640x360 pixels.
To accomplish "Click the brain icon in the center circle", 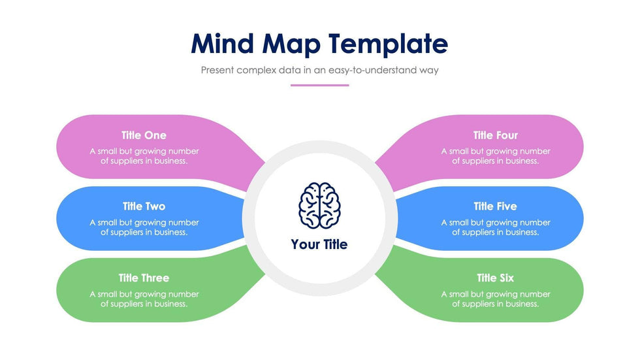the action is click(x=319, y=205).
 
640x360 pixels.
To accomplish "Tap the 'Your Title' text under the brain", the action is click(x=319, y=244).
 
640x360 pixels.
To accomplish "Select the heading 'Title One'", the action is click(x=144, y=135).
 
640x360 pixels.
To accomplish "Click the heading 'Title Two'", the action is click(x=144, y=206).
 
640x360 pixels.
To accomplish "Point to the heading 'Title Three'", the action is click(x=144, y=278).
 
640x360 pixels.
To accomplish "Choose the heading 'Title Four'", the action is click(x=496, y=135).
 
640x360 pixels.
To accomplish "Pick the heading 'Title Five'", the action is click(x=495, y=206).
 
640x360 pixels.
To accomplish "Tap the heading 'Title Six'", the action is click(x=495, y=278).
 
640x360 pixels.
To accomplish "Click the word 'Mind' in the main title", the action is click(x=223, y=43).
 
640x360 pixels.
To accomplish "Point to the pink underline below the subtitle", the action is click(x=319, y=86).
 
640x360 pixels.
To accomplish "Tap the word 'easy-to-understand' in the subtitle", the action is click(x=373, y=70).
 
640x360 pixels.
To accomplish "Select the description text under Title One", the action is click(x=144, y=156).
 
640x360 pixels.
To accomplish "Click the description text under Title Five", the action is click(x=496, y=227).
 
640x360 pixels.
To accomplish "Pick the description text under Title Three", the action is click(x=144, y=299).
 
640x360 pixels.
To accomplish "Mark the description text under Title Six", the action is click(x=496, y=299).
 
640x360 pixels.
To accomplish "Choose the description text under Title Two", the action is click(x=144, y=227).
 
